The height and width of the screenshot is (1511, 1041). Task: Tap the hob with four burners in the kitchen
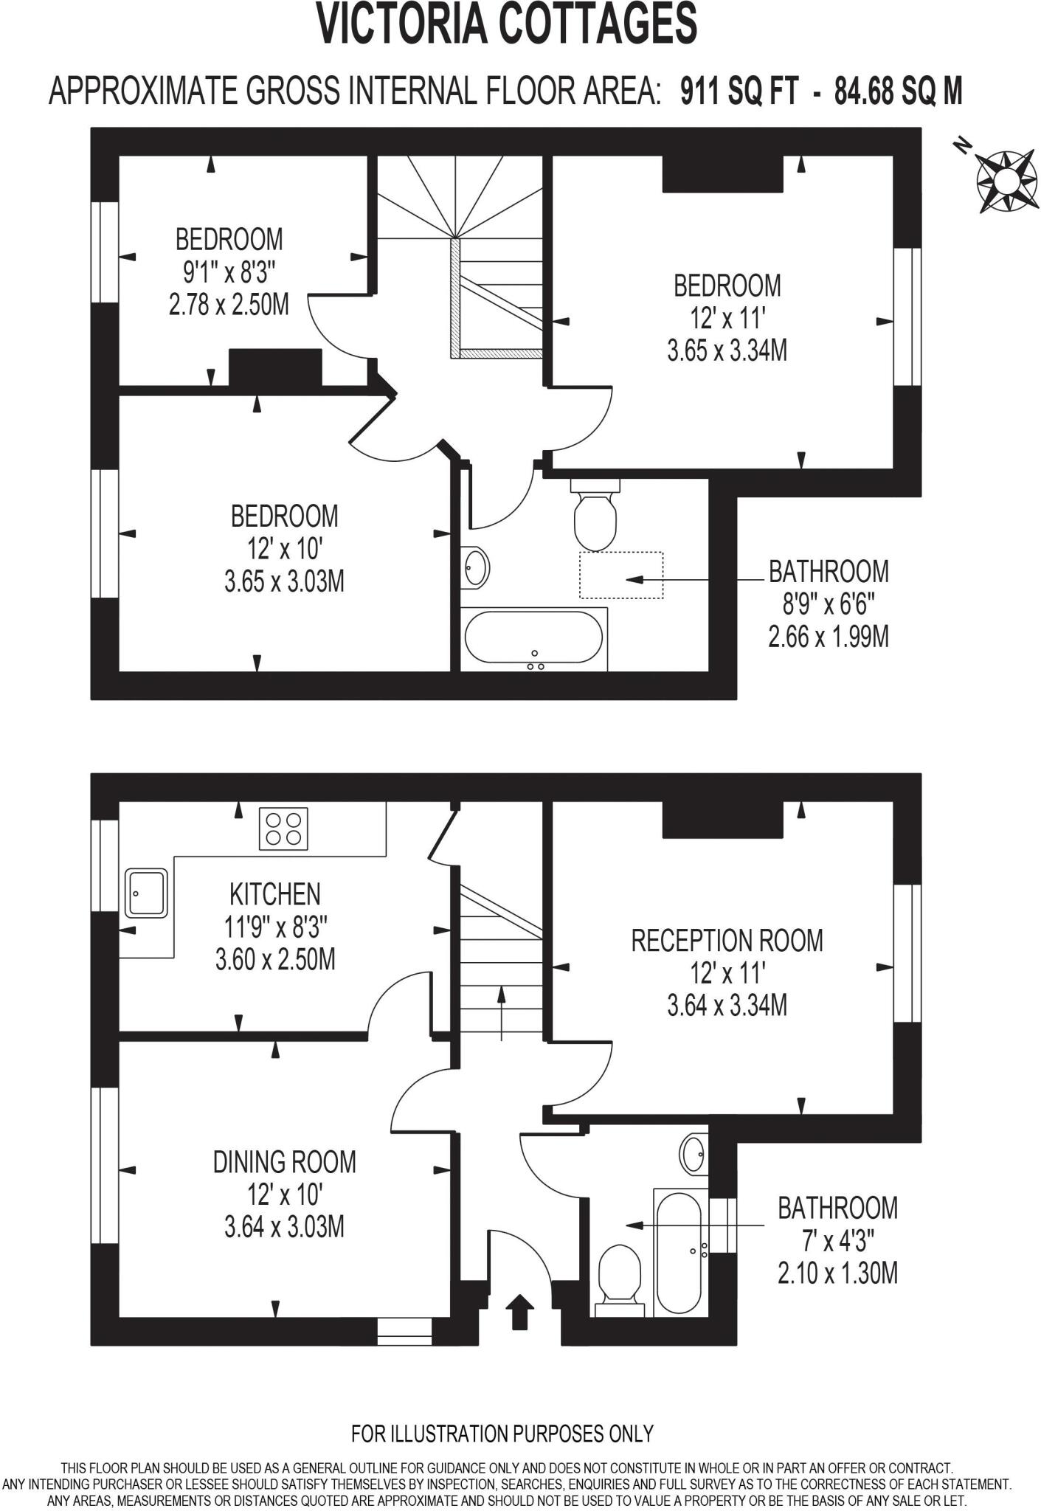click(283, 829)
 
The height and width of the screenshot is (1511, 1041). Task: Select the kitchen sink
click(146, 893)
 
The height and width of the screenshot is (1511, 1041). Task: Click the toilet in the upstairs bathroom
click(595, 516)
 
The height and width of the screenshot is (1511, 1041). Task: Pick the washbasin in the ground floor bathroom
click(693, 1155)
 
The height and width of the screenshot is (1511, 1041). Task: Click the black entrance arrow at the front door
click(519, 1313)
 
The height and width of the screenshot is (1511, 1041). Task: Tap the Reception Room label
click(727, 941)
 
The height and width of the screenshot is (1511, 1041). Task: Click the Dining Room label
click(284, 1162)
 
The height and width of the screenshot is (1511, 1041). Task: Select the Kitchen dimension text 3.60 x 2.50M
click(275, 959)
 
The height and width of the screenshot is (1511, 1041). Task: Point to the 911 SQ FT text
click(739, 92)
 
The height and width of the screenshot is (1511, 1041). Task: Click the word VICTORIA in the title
click(403, 24)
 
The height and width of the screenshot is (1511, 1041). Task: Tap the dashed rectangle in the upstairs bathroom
click(620, 575)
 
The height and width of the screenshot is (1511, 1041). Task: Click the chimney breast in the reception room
click(722, 820)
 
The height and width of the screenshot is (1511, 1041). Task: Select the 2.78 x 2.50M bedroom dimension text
click(229, 304)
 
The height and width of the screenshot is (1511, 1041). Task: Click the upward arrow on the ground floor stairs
click(502, 1012)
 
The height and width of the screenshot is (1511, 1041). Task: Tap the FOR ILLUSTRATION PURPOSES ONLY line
click(502, 1434)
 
